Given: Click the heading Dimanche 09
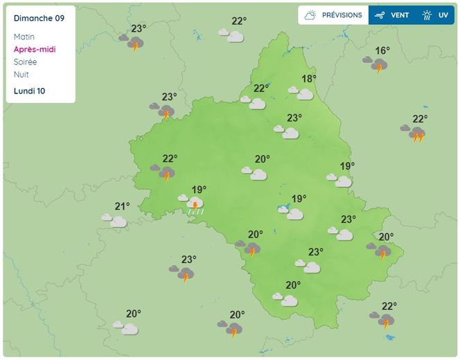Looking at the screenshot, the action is tap(39, 18).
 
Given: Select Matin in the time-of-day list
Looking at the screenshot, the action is tap(24, 37).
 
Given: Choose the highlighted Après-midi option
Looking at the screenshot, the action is tap(34, 49).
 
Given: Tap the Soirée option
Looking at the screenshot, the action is tap(25, 62).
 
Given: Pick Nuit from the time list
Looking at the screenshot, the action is tap(21, 74).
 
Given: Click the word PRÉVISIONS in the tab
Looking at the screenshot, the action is tap(342, 15).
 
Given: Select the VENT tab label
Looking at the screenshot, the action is tap(400, 15).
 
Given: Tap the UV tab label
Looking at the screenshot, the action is tap(443, 15).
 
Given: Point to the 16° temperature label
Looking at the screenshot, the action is tap(382, 51).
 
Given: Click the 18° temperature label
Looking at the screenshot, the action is tap(308, 79).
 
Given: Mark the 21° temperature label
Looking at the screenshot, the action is tap(122, 206).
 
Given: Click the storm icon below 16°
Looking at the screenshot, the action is tap(378, 65).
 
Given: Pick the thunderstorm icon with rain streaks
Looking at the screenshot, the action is tap(195, 204).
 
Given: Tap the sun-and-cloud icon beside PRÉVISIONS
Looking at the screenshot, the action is tap(310, 15).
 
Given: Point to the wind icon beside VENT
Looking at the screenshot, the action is tap(379, 15).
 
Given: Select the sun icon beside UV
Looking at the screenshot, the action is tap(427, 15).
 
